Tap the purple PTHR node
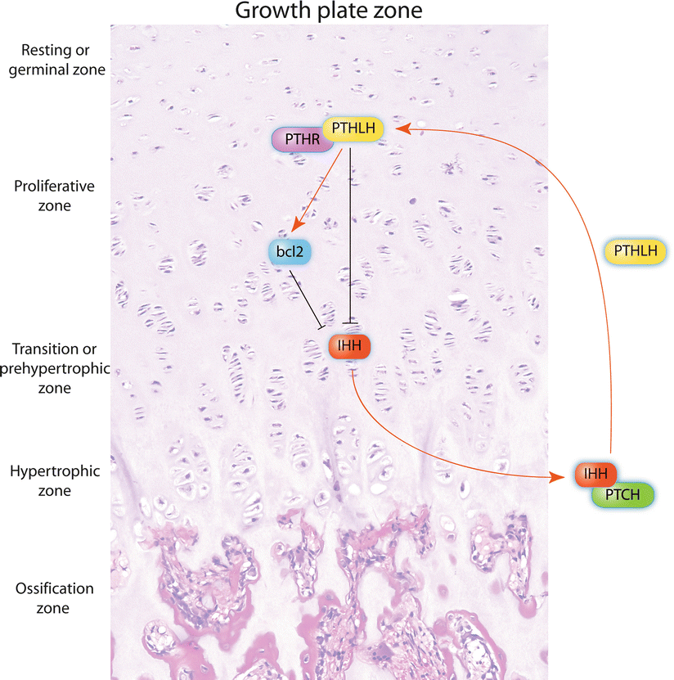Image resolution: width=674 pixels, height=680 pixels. tap(298, 140)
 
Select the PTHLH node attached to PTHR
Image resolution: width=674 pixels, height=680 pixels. tap(353, 128)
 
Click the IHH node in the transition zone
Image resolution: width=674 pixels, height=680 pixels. tap(350, 347)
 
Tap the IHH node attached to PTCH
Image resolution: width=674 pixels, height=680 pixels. tap(594, 474)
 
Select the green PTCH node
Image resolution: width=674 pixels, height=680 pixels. tap(626, 495)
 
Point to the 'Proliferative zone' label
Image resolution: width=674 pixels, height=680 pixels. tap(54, 196)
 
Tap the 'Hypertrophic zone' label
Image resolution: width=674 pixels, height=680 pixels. tap(54, 481)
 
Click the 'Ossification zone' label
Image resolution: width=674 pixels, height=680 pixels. tap(54, 598)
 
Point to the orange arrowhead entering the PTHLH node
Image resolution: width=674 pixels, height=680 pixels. tap(402, 128)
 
